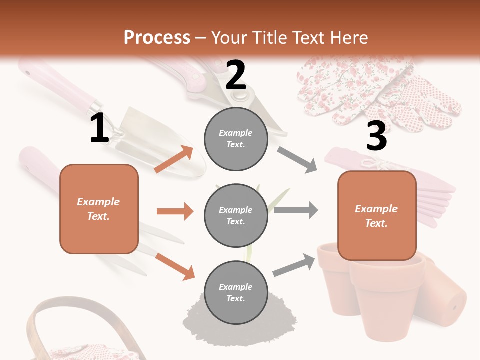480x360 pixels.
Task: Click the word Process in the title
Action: click(x=157, y=38)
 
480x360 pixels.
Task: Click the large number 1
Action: click(x=99, y=128)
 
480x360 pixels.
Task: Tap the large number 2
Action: click(x=236, y=75)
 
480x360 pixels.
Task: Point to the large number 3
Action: click(x=376, y=136)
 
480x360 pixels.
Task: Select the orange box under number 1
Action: click(x=99, y=209)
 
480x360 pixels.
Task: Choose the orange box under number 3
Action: click(x=376, y=215)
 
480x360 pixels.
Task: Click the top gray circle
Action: click(x=236, y=138)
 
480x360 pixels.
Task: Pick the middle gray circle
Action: click(x=236, y=215)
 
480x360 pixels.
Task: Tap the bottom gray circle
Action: click(x=236, y=292)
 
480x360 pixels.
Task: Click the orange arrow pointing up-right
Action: click(x=174, y=159)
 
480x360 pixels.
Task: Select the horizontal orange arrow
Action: click(x=175, y=211)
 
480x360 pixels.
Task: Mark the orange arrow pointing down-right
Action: click(x=175, y=266)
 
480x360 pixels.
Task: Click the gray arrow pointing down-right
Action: click(x=297, y=160)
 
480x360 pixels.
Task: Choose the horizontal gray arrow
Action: click(x=296, y=210)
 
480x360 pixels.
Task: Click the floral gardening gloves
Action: click(x=380, y=92)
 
